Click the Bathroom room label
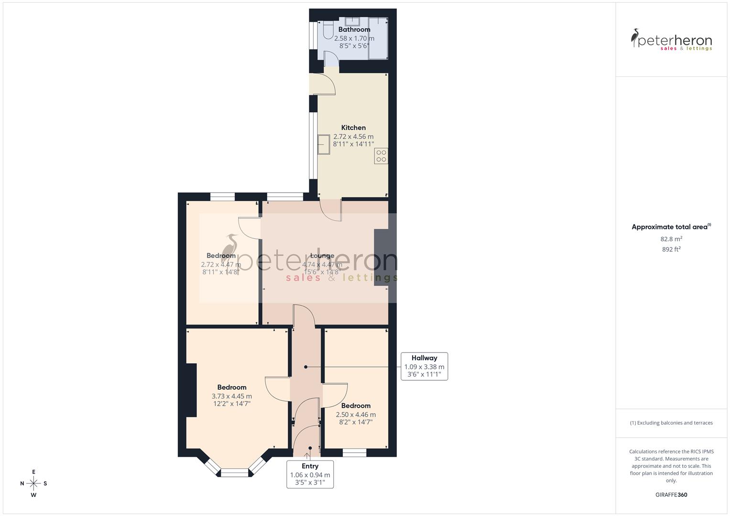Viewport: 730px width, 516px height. (354, 30)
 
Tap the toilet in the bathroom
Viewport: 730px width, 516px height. (327, 30)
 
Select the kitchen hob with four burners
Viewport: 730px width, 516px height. (381, 156)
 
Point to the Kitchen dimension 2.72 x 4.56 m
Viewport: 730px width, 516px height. (353, 137)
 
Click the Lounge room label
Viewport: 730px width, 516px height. (322, 256)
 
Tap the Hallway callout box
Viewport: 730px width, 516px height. (424, 366)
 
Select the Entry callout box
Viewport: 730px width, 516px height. (310, 474)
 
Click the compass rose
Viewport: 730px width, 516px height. (33, 483)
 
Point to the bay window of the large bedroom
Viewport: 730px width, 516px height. (235, 471)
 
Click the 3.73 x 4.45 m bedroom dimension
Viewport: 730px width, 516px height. (231, 396)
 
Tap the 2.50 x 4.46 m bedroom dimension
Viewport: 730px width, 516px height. (356, 415)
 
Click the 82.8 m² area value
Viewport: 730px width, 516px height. (671, 239)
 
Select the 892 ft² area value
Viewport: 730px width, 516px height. (671, 249)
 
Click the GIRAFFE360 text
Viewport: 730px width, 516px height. (671, 494)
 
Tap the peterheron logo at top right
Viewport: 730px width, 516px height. (671, 40)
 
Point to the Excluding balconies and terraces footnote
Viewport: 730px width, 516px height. (671, 423)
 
